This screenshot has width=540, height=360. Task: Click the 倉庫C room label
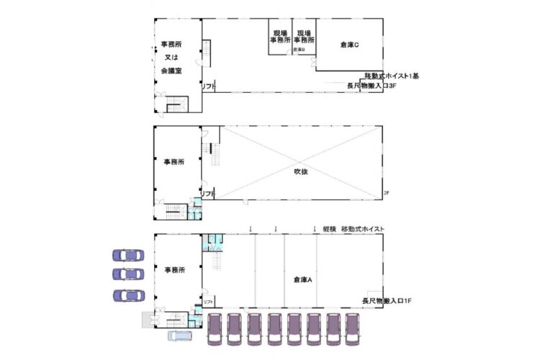(350, 45)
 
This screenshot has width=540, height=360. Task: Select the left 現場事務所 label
(281, 37)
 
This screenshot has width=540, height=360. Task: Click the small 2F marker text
(386, 193)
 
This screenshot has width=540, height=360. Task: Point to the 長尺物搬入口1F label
(386, 300)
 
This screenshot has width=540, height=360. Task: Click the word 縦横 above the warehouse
(330, 228)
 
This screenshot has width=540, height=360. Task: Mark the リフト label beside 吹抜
(208, 194)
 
